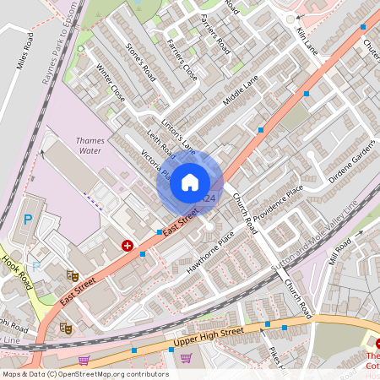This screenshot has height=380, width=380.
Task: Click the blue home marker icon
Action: pyautogui.click(x=190, y=181)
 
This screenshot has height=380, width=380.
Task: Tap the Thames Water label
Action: pyautogui.click(x=89, y=145)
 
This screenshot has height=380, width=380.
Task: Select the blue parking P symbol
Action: pyautogui.click(x=28, y=220)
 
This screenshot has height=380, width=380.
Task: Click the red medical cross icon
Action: pyautogui.click(x=127, y=245)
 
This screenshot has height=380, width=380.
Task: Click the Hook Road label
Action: pyautogui.click(x=17, y=272)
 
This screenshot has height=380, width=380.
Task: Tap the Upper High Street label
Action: pyautogui.click(x=208, y=335)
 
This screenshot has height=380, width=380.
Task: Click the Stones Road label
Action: pyautogui.click(x=140, y=58)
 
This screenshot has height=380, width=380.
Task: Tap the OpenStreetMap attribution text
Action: pyautogui.click(x=84, y=374)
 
